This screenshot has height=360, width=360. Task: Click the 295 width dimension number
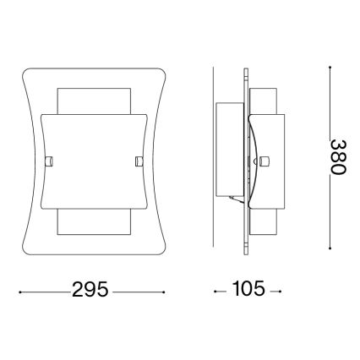(x=90, y=291)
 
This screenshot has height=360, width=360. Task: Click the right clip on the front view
(x=138, y=159)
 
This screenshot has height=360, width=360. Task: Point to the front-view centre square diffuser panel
(x=93, y=161)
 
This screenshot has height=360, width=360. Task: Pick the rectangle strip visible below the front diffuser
(x=93, y=222)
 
